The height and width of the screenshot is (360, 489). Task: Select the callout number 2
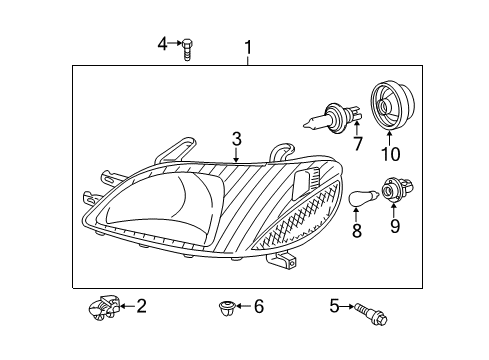(x=141, y=306)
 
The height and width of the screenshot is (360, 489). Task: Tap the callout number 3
(x=236, y=138)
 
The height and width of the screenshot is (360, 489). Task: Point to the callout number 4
(x=163, y=43)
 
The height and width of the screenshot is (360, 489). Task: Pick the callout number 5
(x=334, y=307)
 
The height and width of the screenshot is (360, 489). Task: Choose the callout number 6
(x=258, y=307)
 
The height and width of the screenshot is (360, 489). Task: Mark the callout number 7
(x=357, y=145)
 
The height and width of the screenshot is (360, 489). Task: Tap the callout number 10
(x=389, y=153)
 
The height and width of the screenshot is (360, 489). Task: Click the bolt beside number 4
(x=187, y=47)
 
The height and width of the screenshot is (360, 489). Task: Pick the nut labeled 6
(x=225, y=307)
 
